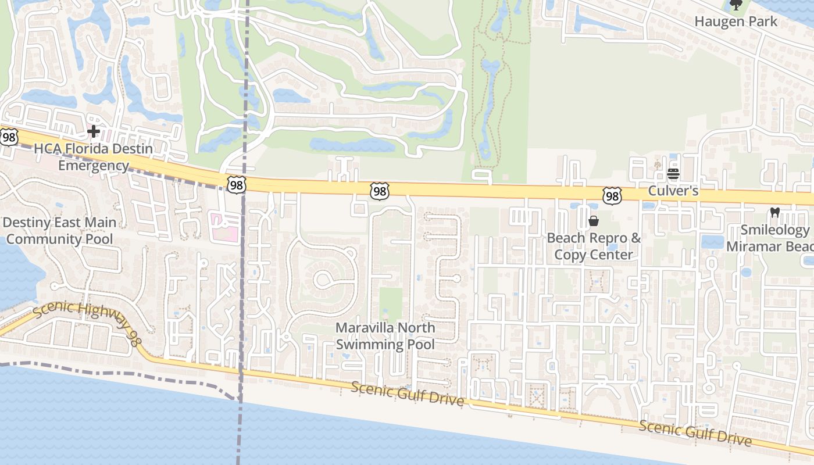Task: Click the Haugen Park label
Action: click(736, 22)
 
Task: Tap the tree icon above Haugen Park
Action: click(736, 5)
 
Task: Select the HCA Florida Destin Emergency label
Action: click(93, 157)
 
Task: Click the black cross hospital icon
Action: click(93, 131)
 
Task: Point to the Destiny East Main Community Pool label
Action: click(59, 231)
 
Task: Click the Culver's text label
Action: click(673, 191)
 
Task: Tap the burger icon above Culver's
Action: click(673, 173)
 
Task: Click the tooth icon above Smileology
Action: click(774, 212)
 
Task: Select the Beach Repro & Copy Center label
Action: click(594, 246)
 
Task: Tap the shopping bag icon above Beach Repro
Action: click(594, 221)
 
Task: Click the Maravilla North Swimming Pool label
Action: click(385, 336)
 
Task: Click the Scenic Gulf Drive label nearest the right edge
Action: click(695, 434)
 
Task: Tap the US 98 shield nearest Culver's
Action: click(612, 196)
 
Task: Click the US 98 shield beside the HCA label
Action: click(9, 137)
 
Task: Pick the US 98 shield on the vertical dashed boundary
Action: click(237, 185)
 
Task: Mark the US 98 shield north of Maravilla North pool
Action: click(379, 191)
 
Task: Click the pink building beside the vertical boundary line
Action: click(224, 228)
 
